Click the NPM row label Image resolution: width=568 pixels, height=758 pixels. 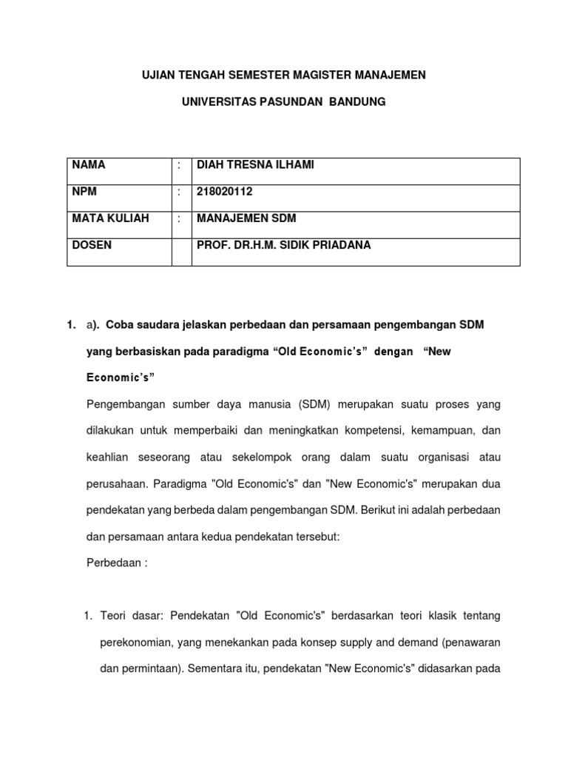(84, 192)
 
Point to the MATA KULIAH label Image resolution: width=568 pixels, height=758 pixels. (110, 218)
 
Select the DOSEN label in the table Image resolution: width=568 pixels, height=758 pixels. (92, 245)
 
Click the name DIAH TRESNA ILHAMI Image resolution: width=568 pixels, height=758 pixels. (255, 165)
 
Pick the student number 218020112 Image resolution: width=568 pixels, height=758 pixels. (224, 192)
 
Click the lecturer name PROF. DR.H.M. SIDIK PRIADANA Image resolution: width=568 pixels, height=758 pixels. (283, 245)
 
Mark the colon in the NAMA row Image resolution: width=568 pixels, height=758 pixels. (179, 165)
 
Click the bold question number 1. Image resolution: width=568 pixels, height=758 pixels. (70, 325)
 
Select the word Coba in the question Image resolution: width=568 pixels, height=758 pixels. (121, 325)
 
